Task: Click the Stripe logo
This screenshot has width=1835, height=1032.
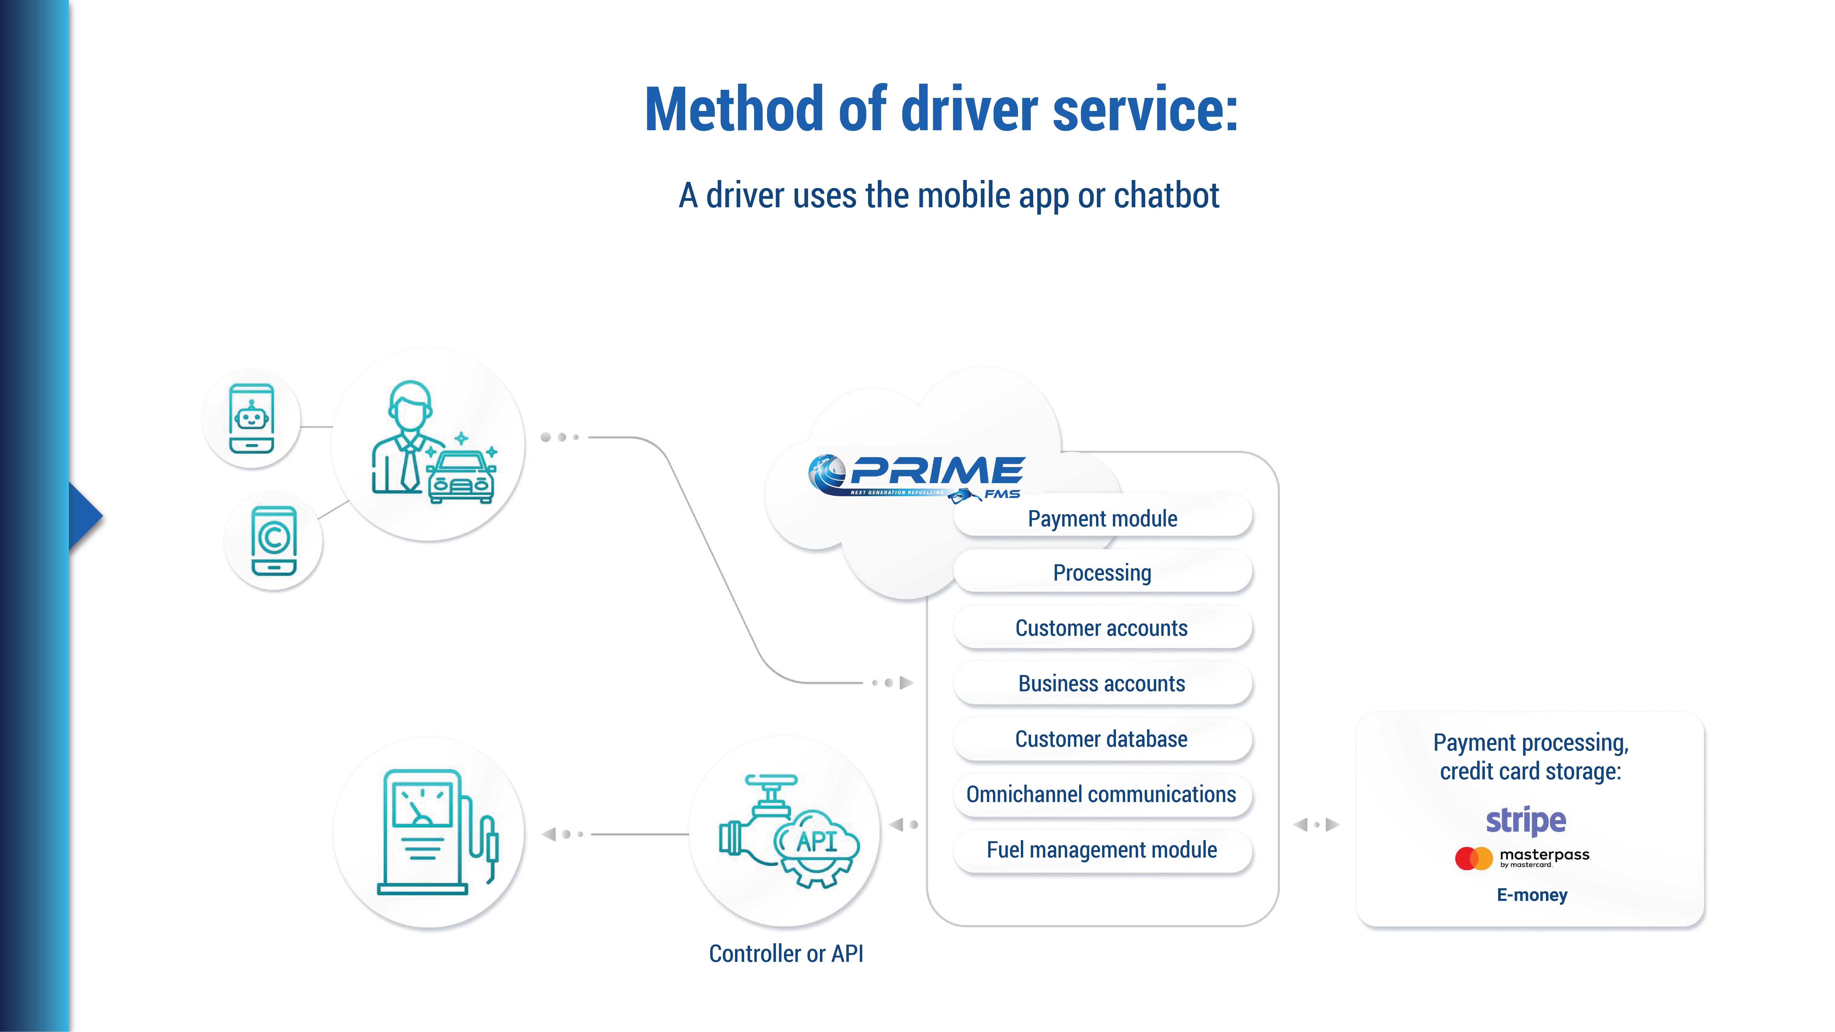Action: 1526,821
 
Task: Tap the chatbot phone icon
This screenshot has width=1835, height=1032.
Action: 251,419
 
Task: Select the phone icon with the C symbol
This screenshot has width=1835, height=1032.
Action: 274,541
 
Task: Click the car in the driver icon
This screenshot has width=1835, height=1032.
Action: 461,477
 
